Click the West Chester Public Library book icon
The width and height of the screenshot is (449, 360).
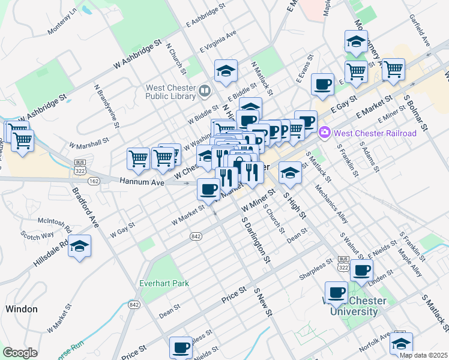coord(205,91)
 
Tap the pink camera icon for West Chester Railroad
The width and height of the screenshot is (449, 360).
coord(325,131)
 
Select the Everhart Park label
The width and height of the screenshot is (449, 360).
coord(164,283)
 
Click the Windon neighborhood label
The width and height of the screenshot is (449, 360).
coord(21,309)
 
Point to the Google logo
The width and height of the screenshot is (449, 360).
coord(20,353)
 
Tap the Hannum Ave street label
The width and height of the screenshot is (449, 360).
coord(142,181)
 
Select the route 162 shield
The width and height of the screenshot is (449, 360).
coord(93,180)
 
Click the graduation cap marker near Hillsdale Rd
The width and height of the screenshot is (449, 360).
coord(79,247)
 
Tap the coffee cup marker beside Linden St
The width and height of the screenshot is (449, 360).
coord(361,270)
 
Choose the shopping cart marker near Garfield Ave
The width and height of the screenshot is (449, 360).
coord(393,70)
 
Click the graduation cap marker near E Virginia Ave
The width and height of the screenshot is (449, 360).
coord(226,71)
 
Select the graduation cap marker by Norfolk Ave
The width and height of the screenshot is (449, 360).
coord(401,343)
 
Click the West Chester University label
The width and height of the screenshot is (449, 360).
coord(351,306)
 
